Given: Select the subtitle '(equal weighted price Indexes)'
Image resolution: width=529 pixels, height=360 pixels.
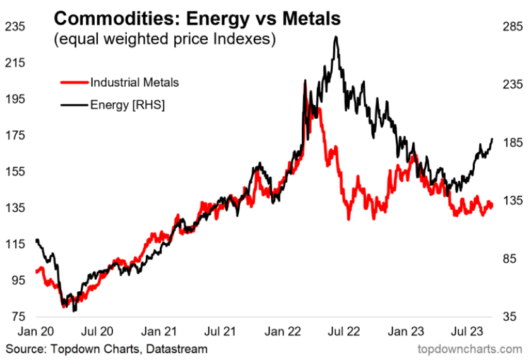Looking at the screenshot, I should click(165, 39).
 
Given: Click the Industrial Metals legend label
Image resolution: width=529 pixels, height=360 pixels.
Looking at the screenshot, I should click(134, 82).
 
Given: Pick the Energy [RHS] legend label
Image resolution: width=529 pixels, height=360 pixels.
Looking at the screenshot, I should click(128, 104).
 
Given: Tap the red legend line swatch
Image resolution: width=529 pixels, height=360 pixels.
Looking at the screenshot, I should click(74, 82).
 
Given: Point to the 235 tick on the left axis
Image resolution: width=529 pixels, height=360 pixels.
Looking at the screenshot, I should click(15, 27).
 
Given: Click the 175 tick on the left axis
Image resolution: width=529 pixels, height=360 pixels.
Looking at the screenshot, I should click(15, 135).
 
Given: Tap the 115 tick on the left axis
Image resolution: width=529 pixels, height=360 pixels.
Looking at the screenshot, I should click(15, 244).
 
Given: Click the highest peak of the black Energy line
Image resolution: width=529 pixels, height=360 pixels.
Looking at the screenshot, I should click(336, 37).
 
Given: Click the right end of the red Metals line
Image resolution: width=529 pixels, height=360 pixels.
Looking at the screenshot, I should click(492, 206).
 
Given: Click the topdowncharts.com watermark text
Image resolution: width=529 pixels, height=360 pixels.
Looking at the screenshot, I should click(470, 348).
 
